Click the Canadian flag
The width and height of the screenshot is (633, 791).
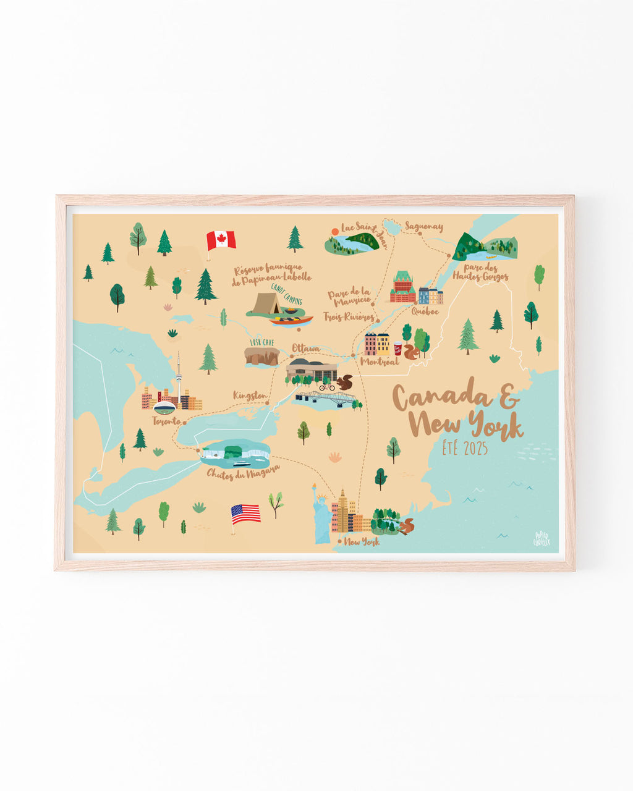[221, 240]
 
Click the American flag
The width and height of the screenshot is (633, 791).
[245, 514]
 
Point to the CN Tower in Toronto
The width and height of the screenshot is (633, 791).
[179, 377]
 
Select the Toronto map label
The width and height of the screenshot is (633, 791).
[166, 421]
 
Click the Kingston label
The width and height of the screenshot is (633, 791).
[250, 395]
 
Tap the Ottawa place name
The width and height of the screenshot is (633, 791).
[306, 349]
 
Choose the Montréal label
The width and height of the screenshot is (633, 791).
[380, 362]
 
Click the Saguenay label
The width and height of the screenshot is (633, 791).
[424, 227]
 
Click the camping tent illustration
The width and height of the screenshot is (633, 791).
[267, 304]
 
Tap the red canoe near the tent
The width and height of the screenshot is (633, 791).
[291, 321]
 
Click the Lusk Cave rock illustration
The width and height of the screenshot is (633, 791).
[261, 356]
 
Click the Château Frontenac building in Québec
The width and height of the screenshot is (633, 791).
[402, 288]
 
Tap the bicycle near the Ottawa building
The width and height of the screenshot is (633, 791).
[326, 387]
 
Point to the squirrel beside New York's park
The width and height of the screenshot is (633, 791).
[407, 526]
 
